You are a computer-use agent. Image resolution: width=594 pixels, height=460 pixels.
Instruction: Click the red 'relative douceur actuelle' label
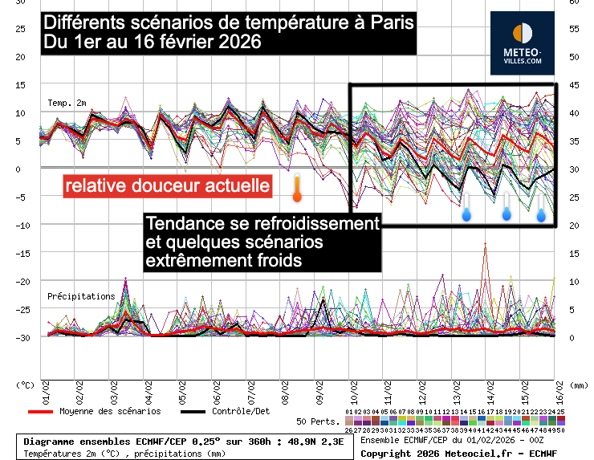168,186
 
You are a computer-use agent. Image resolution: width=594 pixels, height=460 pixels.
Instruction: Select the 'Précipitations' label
81,296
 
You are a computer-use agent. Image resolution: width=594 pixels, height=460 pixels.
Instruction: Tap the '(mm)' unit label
576,385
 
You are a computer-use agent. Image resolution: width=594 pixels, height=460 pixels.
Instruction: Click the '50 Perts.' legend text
315,421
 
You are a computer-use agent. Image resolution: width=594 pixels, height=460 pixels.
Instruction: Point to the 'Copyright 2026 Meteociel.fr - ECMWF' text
458,454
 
